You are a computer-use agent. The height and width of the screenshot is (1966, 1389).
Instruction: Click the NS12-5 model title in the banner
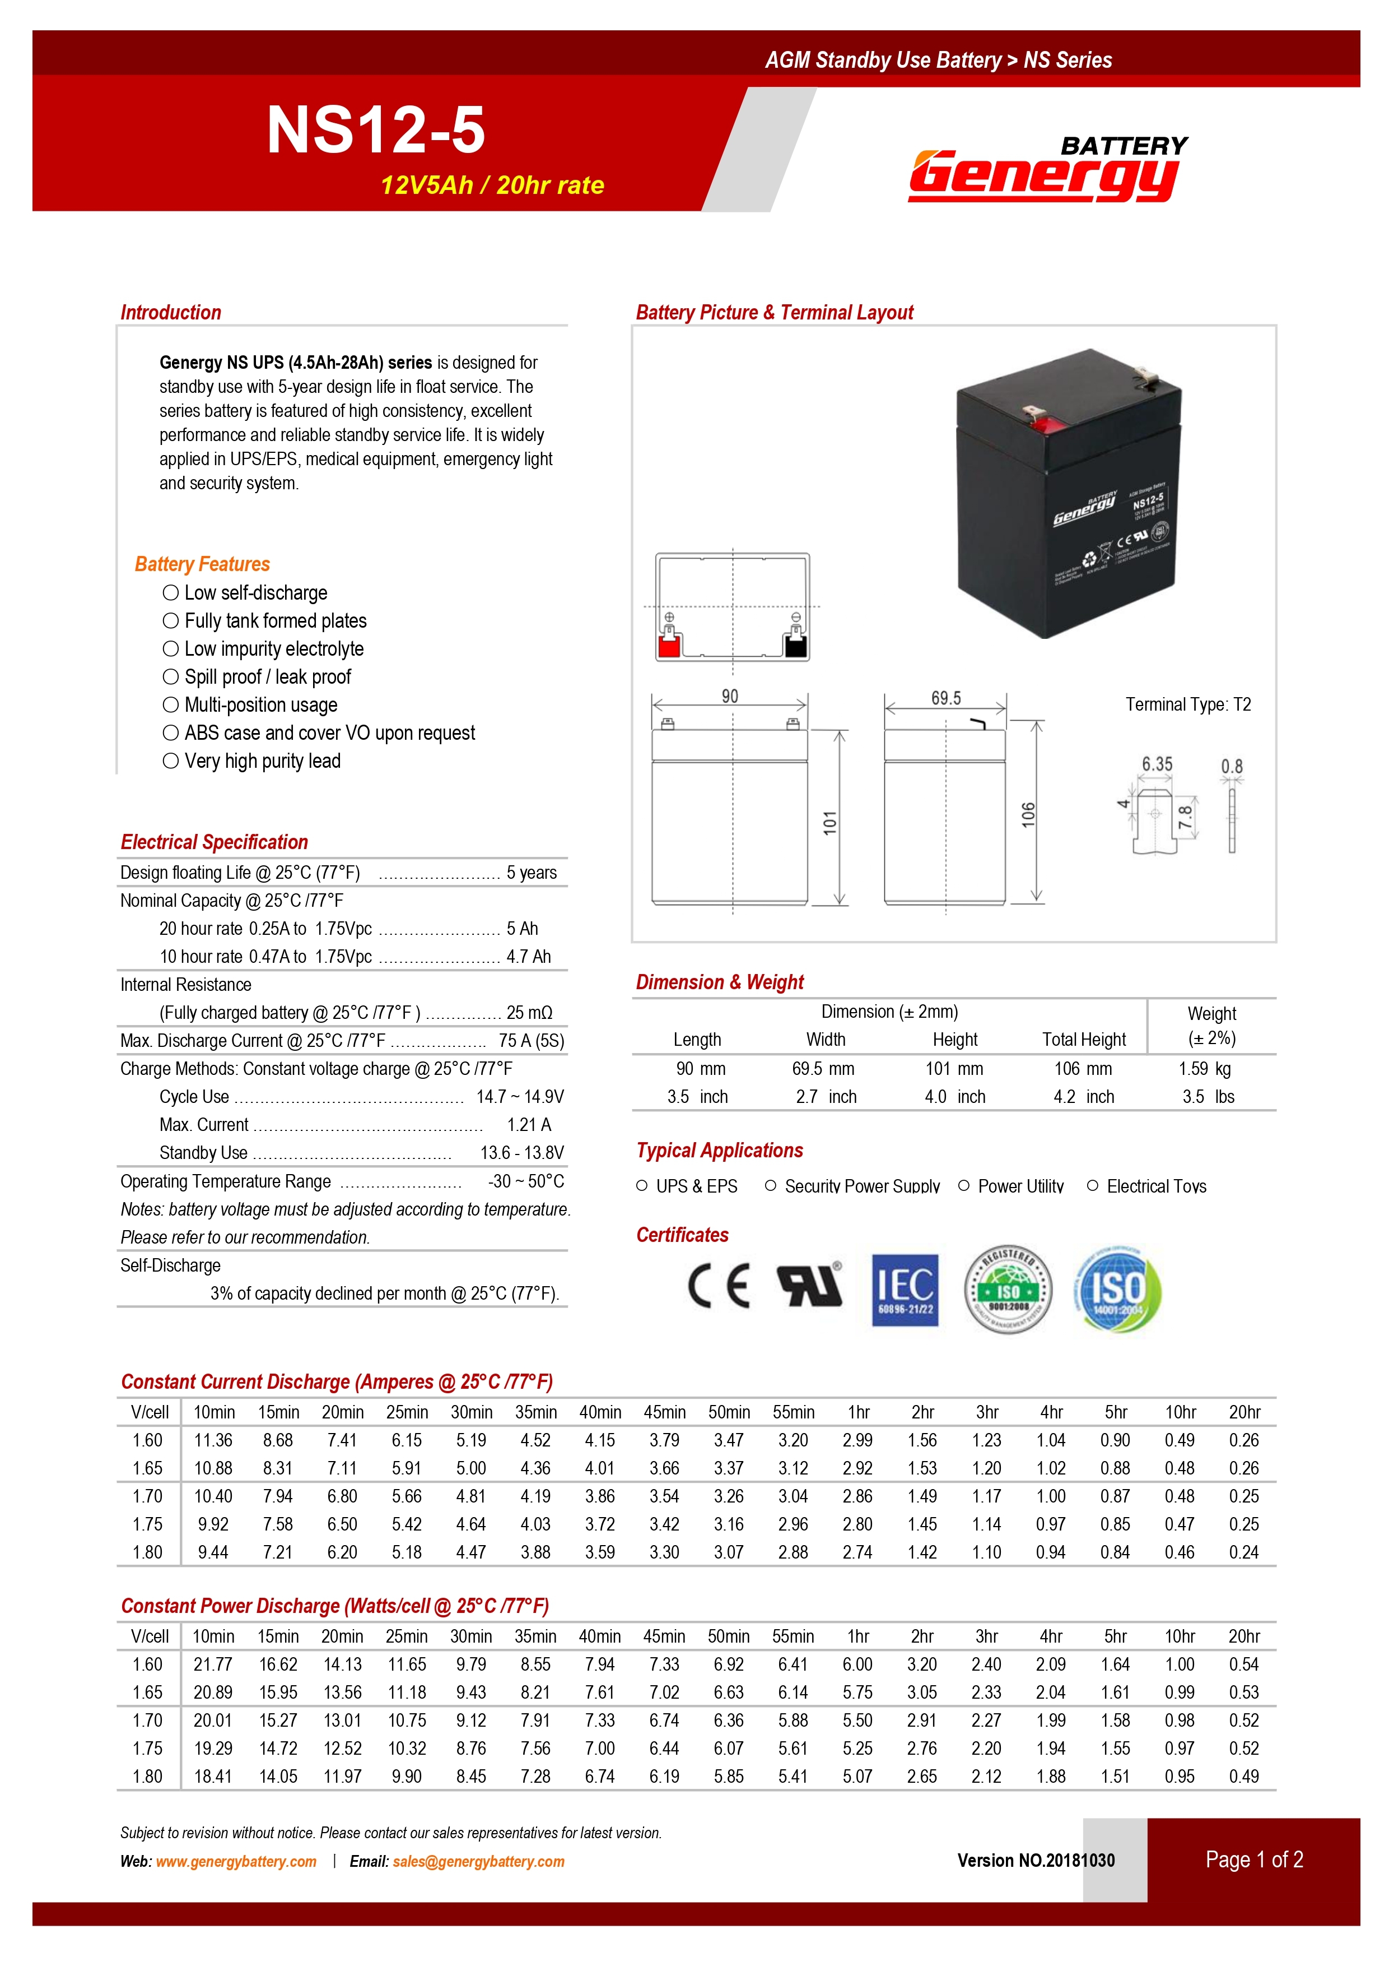(x=376, y=130)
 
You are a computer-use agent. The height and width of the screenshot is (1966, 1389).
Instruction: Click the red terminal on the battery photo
(x=1043, y=422)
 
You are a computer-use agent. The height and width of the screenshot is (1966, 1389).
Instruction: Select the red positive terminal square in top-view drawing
(x=668, y=644)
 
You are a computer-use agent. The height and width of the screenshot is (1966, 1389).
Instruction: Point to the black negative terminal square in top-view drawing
(x=796, y=644)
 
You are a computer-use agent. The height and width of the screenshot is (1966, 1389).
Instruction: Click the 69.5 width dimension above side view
(x=945, y=698)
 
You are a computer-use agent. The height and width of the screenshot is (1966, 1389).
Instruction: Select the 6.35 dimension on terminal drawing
(x=1157, y=764)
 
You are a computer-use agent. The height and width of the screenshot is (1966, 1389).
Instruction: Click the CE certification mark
(x=719, y=1286)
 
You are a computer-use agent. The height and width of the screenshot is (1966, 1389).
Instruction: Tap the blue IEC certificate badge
(x=905, y=1290)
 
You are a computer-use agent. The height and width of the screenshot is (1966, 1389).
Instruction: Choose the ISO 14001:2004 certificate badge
(x=1117, y=1290)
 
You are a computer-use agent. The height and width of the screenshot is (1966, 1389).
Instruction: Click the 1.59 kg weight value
(x=1204, y=1069)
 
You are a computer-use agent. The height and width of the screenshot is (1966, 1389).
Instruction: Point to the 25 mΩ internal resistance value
(x=529, y=1013)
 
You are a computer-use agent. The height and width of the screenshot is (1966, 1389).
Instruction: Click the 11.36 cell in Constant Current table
(x=213, y=1440)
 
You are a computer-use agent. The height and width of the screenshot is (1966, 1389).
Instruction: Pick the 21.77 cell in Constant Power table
(x=213, y=1664)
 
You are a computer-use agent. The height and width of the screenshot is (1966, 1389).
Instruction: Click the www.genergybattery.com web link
(x=236, y=1862)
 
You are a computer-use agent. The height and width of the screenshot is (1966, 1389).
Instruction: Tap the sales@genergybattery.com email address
(x=478, y=1862)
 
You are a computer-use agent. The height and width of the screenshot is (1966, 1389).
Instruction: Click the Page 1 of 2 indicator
(x=1254, y=1860)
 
